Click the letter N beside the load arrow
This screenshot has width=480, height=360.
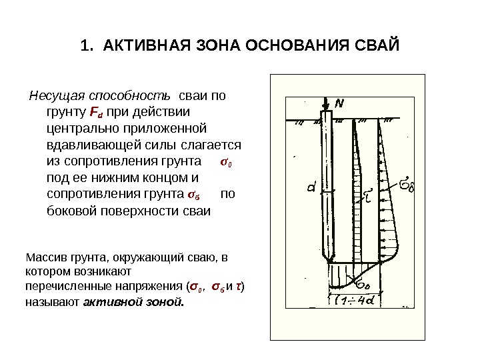coord(339,103)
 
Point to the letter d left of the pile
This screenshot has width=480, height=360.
coord(311,189)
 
